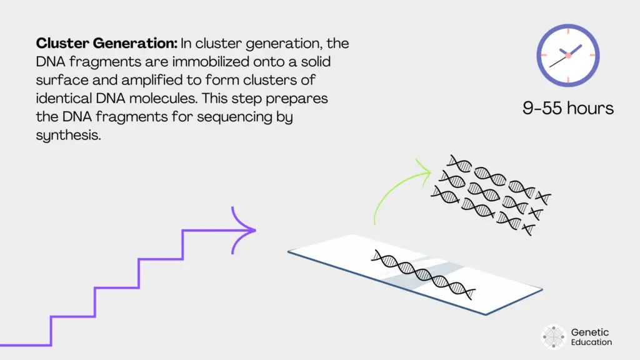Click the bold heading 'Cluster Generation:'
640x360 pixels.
(x=107, y=44)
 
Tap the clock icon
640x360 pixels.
(x=568, y=55)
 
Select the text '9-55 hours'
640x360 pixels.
(x=568, y=107)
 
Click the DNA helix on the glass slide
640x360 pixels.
(x=423, y=272)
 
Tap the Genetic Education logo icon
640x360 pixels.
(x=554, y=336)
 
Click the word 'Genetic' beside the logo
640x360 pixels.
(x=590, y=332)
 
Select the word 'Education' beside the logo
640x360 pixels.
(x=592, y=342)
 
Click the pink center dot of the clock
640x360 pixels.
(x=568, y=55)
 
